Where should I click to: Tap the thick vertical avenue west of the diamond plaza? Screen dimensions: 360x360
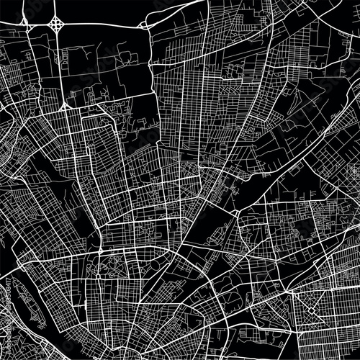(x=291, y=317)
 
